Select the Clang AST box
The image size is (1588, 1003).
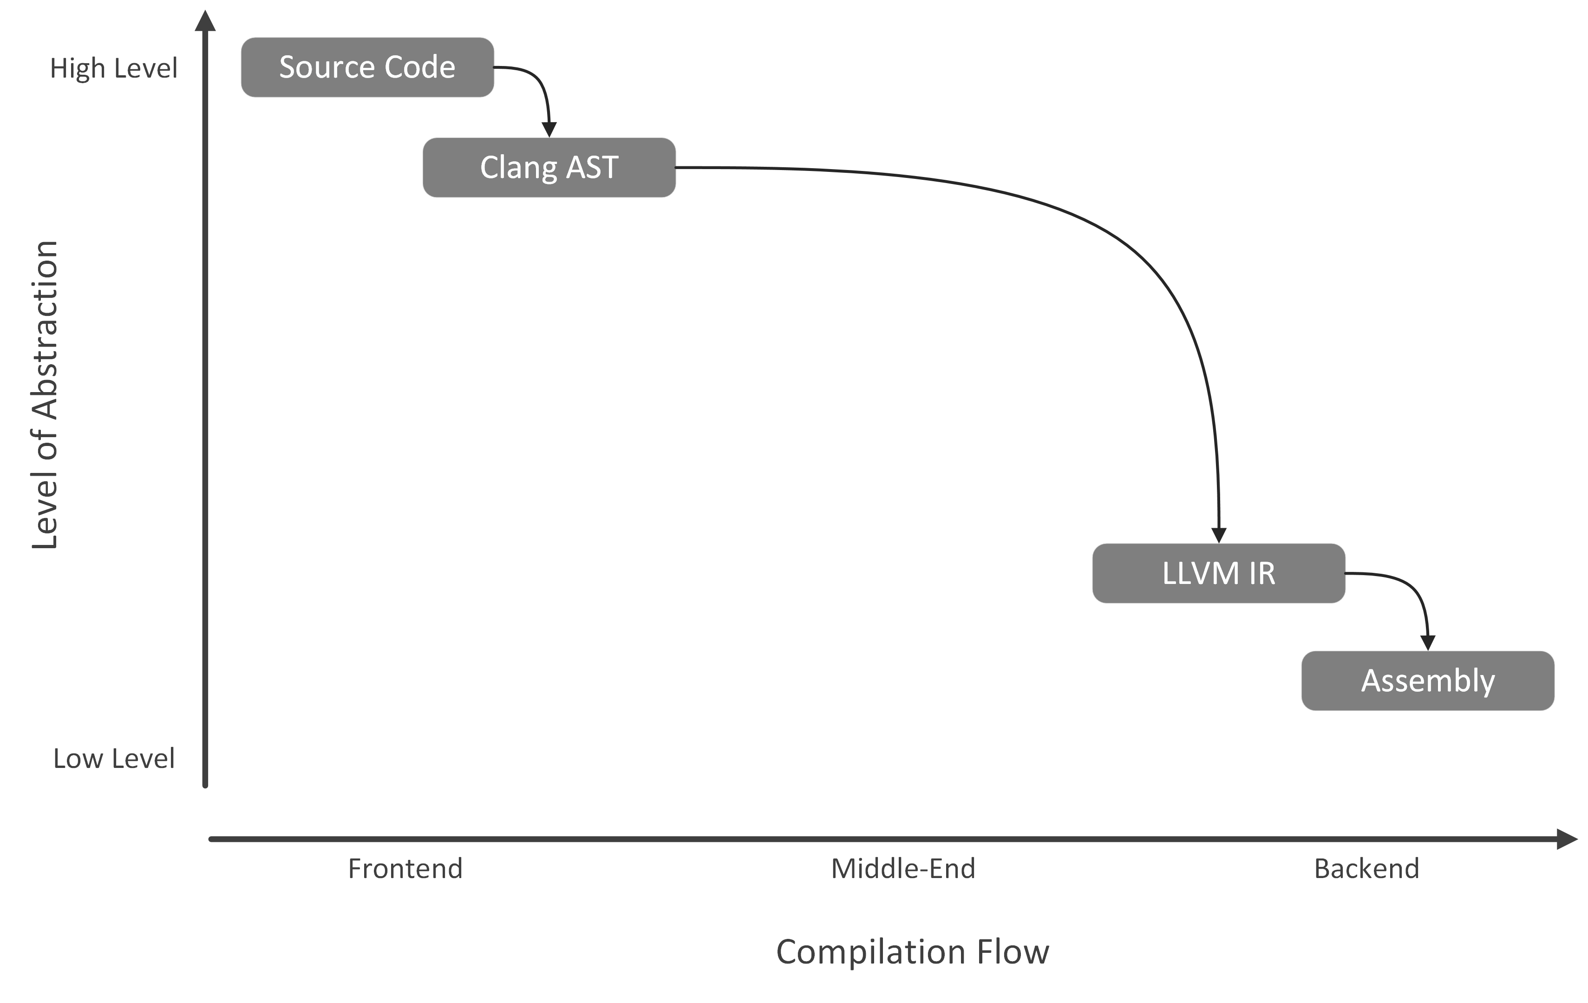pyautogui.click(x=549, y=168)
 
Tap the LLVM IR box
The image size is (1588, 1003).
pyautogui.click(x=1218, y=573)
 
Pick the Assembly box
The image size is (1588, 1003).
pyautogui.click(x=1427, y=681)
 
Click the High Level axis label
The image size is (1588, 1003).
pyautogui.click(x=113, y=68)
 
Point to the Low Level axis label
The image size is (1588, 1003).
pyautogui.click(x=113, y=758)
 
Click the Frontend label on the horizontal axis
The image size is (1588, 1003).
pyautogui.click(x=405, y=868)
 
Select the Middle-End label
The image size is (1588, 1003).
pyautogui.click(x=903, y=868)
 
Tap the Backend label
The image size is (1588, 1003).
pyautogui.click(x=1366, y=868)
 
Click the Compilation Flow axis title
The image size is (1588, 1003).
pyautogui.click(x=912, y=951)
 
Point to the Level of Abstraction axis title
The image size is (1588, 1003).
pyautogui.click(x=45, y=394)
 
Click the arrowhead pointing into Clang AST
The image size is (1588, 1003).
pyautogui.click(x=549, y=129)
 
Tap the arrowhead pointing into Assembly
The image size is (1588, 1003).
pyautogui.click(x=1428, y=642)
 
